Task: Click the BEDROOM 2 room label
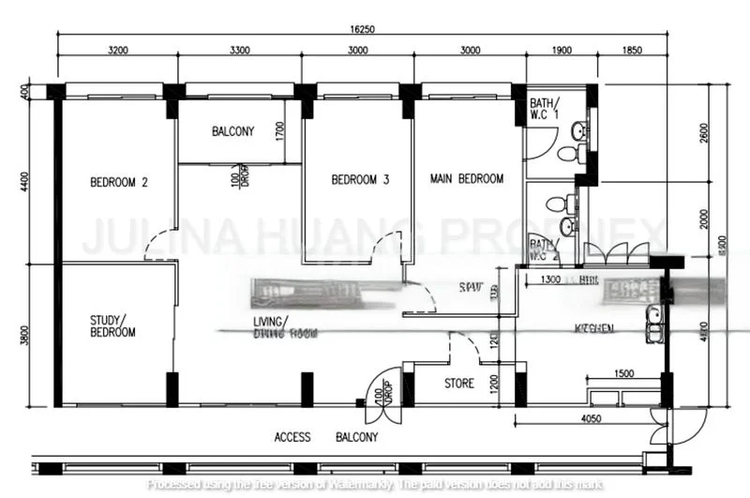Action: [x=118, y=183]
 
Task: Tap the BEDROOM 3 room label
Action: [x=360, y=180]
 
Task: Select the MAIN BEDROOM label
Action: [x=466, y=178]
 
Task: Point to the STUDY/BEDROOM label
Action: [x=112, y=325]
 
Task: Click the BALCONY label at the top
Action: [x=232, y=131]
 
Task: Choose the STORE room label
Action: [x=459, y=384]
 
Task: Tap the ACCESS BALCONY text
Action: [x=325, y=437]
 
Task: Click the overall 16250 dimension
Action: [x=361, y=29]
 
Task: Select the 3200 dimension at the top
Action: [x=117, y=51]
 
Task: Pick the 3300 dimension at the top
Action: [x=239, y=51]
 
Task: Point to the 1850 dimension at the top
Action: [x=632, y=51]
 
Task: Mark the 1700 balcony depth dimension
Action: [x=280, y=131]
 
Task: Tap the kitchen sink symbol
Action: [x=653, y=324]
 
